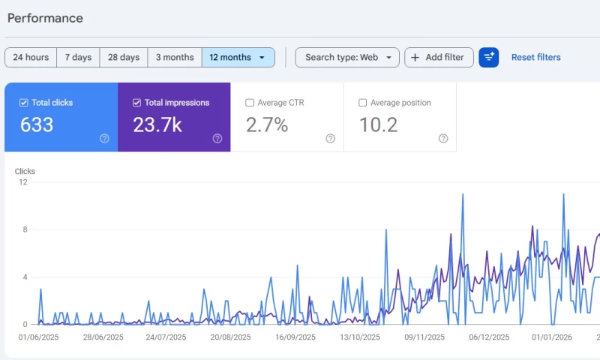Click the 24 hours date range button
point(31,58)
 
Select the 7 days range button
point(78,58)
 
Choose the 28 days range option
point(124,58)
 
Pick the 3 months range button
point(175,58)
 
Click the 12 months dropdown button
point(238,58)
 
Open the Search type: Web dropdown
point(347,58)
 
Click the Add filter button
point(439,58)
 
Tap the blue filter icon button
point(489,58)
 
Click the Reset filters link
point(535,58)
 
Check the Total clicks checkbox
point(24,103)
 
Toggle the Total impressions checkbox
point(136,103)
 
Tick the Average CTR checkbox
point(250,103)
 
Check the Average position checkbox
point(363,103)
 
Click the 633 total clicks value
point(37,125)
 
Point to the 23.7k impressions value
point(157,125)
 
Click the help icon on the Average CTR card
point(330,138)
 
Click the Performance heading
point(45,18)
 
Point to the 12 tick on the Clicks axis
point(23,182)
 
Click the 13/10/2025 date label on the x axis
point(360,337)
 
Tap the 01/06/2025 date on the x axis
point(37,337)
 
